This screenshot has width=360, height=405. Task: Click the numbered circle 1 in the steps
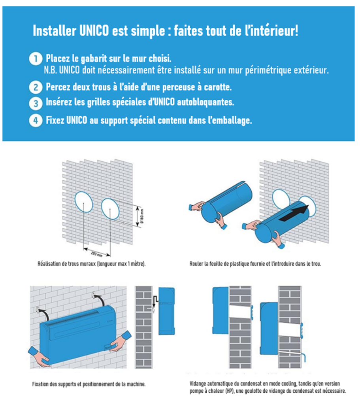tap(36, 59)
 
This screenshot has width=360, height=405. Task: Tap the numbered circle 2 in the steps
tap(36, 87)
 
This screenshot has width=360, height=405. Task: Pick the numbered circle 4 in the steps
tap(36, 120)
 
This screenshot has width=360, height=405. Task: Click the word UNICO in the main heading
tap(93, 31)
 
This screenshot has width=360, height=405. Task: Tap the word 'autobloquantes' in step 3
tap(206, 102)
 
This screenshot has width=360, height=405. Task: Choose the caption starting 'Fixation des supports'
tap(89, 384)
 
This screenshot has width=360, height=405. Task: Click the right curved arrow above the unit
tap(98, 296)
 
